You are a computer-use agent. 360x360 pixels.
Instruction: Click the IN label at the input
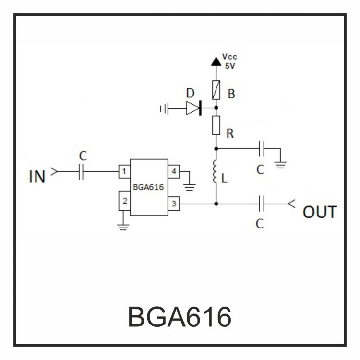click(37, 176)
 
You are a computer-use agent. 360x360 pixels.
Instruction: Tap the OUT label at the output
click(320, 212)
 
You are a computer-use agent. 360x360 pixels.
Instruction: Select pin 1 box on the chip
click(124, 171)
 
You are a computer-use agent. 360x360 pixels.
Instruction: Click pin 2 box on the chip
click(124, 200)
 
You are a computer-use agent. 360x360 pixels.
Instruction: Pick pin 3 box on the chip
click(174, 204)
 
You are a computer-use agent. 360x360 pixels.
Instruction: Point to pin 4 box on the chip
click(174, 171)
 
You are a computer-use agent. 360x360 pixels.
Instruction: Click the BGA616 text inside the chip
click(149, 188)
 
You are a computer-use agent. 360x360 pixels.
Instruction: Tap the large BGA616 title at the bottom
click(180, 317)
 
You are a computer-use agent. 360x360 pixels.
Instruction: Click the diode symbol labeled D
click(193, 108)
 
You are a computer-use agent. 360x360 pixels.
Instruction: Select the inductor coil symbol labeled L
click(216, 171)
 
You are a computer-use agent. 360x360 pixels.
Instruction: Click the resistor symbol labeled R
click(216, 125)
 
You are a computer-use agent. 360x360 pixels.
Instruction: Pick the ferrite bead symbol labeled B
click(216, 90)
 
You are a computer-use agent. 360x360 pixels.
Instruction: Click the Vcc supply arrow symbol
click(216, 61)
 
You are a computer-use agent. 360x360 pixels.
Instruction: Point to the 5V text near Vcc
click(230, 66)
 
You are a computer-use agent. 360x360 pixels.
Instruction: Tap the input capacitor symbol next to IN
click(81, 171)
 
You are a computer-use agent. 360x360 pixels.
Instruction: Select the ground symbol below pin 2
click(124, 226)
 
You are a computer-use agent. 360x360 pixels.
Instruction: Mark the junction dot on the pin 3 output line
click(216, 204)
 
